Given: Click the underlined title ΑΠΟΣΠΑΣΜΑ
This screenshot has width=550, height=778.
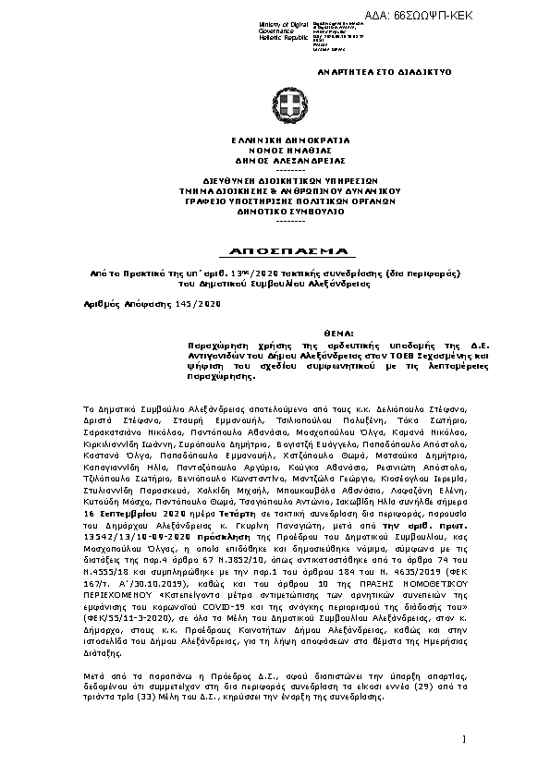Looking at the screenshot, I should pos(276,251).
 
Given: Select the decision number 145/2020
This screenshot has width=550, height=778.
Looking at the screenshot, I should pos(201,302).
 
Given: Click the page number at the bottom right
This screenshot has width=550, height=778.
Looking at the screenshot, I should pos(463,738).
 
